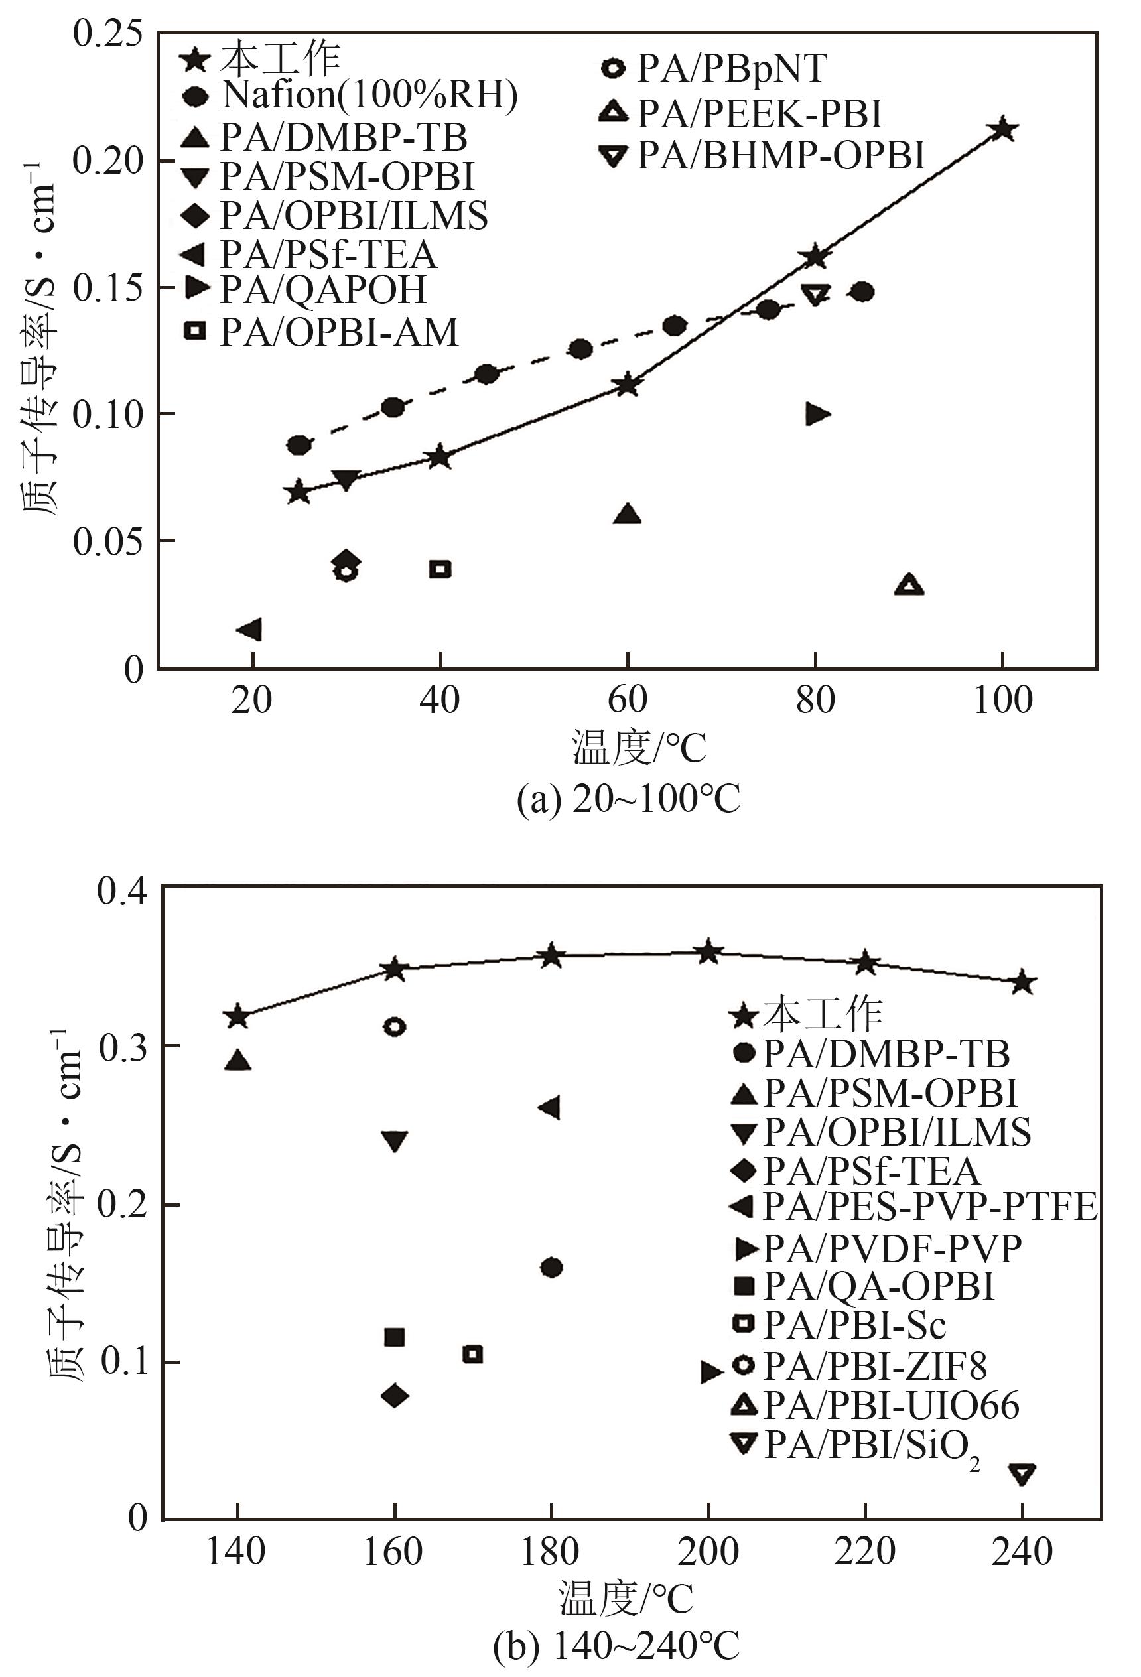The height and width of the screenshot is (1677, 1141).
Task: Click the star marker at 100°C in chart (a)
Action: point(1003,130)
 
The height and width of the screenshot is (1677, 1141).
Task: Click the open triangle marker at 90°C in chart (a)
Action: point(909,584)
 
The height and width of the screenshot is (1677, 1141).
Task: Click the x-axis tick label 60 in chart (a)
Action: point(627,700)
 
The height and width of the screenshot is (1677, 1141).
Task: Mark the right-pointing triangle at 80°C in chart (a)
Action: point(818,413)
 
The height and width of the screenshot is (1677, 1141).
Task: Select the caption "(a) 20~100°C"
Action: point(628,799)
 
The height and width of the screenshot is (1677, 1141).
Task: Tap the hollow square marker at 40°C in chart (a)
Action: point(440,569)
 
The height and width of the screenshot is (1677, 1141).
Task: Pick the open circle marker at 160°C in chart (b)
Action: point(394,1026)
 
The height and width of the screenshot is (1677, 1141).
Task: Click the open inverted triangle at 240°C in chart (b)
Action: point(1022,1473)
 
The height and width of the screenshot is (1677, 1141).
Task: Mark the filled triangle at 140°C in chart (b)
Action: point(238,1060)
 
